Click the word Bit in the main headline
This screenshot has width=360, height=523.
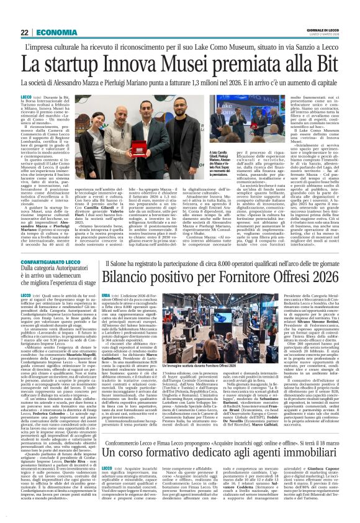point(322,63)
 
